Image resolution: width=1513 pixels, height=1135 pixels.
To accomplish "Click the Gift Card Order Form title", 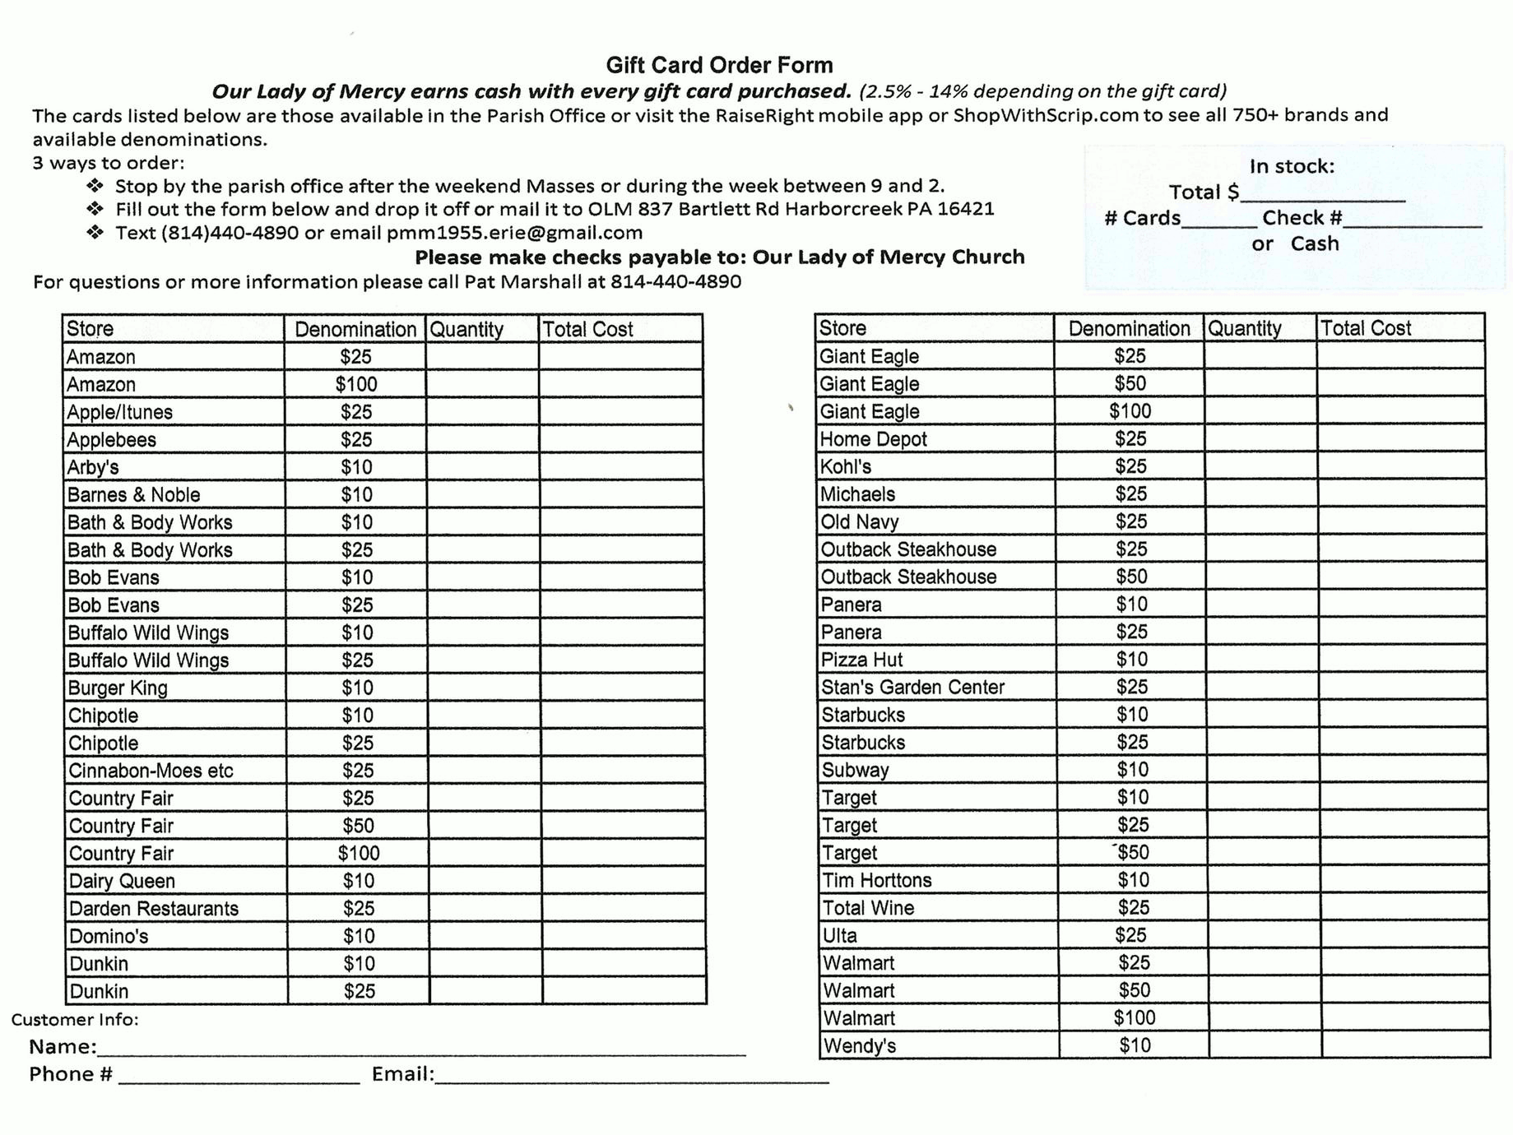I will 719,65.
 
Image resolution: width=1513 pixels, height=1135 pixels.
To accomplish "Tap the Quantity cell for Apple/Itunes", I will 482,411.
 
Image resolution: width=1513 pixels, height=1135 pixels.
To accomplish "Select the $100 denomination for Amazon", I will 355,384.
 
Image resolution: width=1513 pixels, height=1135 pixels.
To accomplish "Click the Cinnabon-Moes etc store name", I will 151,771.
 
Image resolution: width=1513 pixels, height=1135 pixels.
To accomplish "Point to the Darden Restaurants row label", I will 153,909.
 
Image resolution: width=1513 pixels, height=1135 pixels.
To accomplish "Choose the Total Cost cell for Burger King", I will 622,688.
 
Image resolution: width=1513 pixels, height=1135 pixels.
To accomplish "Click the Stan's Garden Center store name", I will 912,687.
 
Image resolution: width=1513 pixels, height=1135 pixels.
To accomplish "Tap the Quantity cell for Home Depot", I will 1260,438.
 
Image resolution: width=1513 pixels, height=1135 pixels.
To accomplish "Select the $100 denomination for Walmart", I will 1134,1018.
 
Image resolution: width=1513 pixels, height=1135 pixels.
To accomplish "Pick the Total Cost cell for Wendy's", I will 1405,1045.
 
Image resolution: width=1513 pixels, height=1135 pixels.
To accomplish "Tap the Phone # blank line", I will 239,1077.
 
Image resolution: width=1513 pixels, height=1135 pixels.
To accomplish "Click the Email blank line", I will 632,1077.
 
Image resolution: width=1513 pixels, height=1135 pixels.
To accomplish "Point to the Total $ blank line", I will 1323,194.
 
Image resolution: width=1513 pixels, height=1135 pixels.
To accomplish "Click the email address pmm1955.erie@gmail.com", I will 514,233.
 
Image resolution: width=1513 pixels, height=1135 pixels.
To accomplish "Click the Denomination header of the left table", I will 355,329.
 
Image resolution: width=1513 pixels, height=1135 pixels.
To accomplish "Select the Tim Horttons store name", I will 876,880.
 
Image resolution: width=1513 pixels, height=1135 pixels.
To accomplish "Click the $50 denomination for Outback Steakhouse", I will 1131,577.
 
